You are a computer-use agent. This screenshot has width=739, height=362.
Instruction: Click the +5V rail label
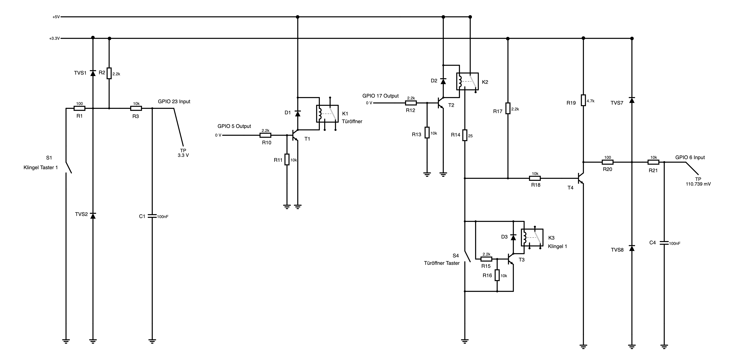click(56, 17)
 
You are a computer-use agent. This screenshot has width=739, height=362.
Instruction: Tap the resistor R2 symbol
click(109, 73)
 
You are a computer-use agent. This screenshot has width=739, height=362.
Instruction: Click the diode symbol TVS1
click(93, 73)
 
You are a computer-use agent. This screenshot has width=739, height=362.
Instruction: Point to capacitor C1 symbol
click(152, 216)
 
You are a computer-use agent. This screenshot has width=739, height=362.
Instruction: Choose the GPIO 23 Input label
click(174, 101)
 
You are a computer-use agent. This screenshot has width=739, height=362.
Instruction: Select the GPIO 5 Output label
click(234, 126)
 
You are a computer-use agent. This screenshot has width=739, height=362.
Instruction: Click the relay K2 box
click(467, 81)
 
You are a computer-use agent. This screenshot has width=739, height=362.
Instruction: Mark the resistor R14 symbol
click(465, 135)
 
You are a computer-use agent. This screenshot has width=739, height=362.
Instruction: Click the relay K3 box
click(532, 237)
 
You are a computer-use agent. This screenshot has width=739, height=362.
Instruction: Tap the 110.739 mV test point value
click(698, 184)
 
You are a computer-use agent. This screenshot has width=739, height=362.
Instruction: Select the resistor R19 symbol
click(583, 100)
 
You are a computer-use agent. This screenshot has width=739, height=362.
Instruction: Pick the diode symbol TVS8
click(632, 248)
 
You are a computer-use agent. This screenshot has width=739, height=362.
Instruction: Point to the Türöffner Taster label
click(442, 263)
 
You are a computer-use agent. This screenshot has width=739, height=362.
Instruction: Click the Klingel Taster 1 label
click(41, 167)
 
